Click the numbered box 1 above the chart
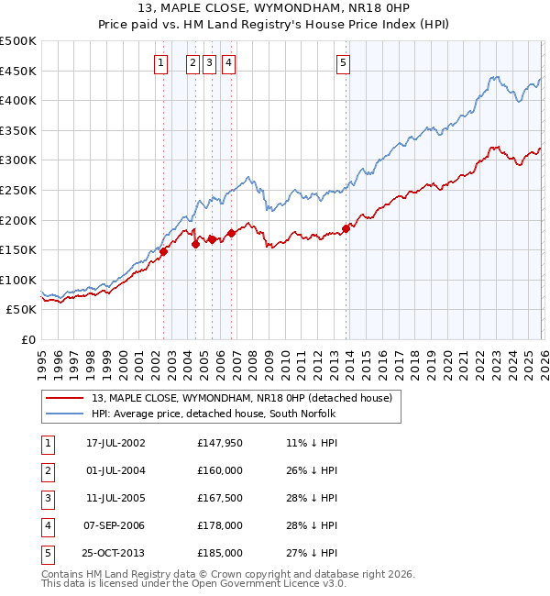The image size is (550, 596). point(160,63)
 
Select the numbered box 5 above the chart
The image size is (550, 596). point(343,63)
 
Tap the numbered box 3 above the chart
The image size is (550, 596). point(209,63)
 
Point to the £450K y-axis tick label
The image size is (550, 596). point(18,71)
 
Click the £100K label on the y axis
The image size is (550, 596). point(18,280)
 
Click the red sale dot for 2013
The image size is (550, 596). point(346,228)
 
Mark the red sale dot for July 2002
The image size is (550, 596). point(163,251)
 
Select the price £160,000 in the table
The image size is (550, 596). point(220,470)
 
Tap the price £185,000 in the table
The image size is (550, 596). point(220,553)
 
